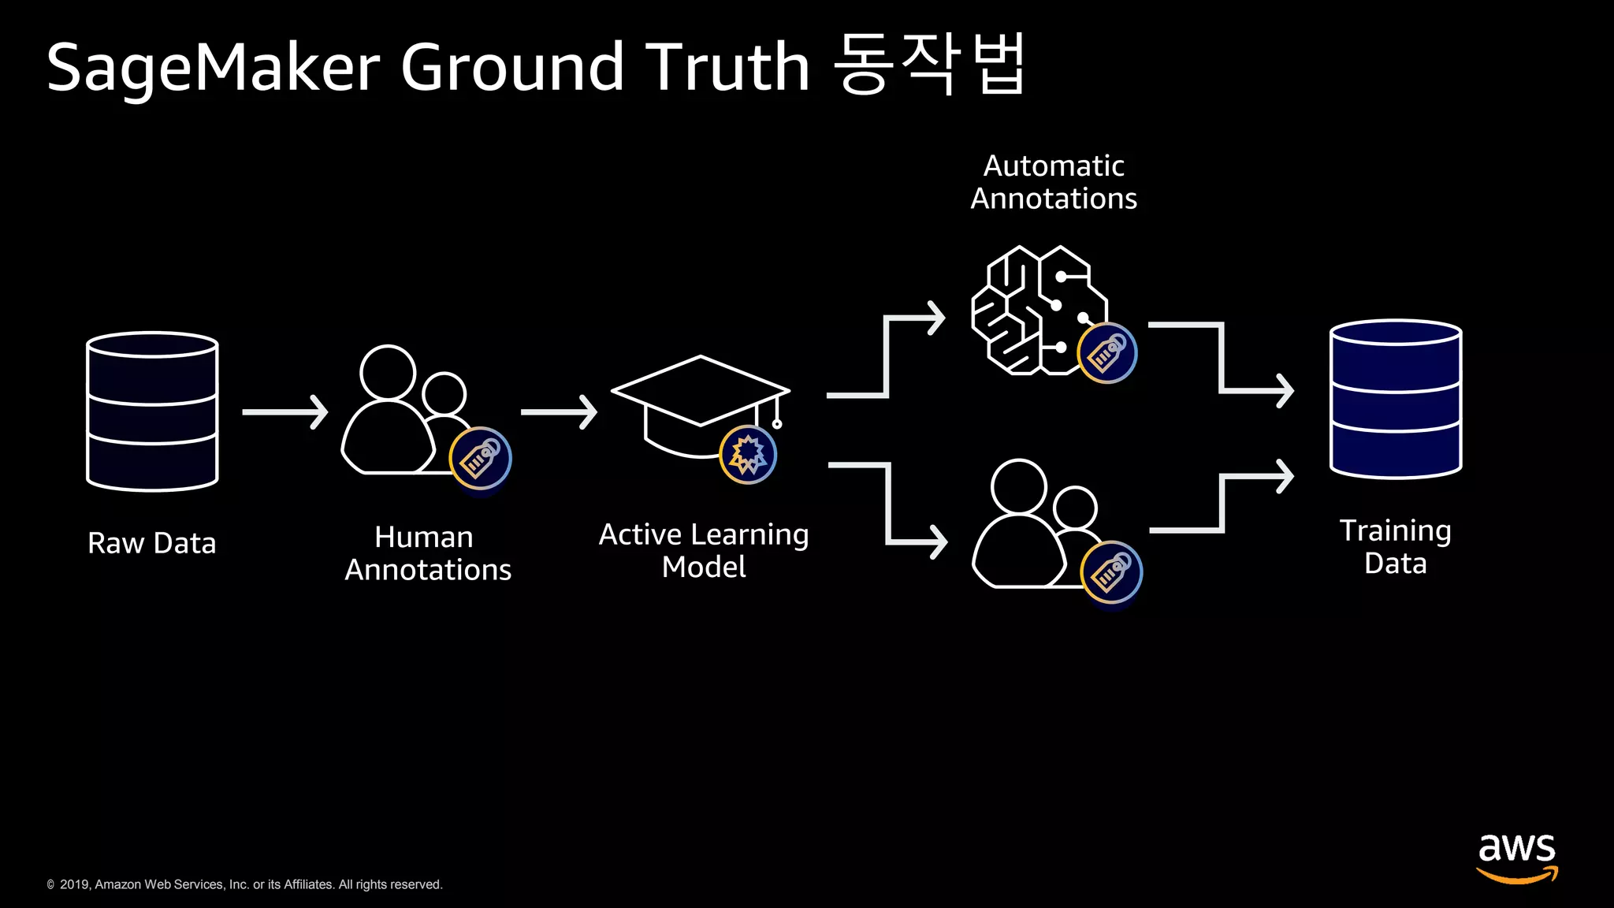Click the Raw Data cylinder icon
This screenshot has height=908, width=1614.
152,411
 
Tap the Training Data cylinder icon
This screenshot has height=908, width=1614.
1396,399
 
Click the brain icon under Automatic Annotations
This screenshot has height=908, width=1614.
1036,310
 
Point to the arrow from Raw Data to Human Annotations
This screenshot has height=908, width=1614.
284,412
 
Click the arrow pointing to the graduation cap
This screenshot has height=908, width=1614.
559,412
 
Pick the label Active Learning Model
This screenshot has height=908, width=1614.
704,550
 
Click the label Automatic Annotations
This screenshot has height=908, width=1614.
1054,182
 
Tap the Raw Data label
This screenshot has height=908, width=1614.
152,543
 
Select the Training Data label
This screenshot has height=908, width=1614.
1395,547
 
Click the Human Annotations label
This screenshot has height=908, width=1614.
428,553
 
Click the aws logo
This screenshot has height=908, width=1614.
1517,857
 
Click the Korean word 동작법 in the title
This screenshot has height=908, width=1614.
930,65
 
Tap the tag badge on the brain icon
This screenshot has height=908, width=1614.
1107,353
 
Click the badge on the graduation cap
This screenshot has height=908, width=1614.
748,455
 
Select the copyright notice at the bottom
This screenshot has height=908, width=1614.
244,884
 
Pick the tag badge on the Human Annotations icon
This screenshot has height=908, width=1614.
480,459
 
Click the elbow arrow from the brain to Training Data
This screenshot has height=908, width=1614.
1222,359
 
